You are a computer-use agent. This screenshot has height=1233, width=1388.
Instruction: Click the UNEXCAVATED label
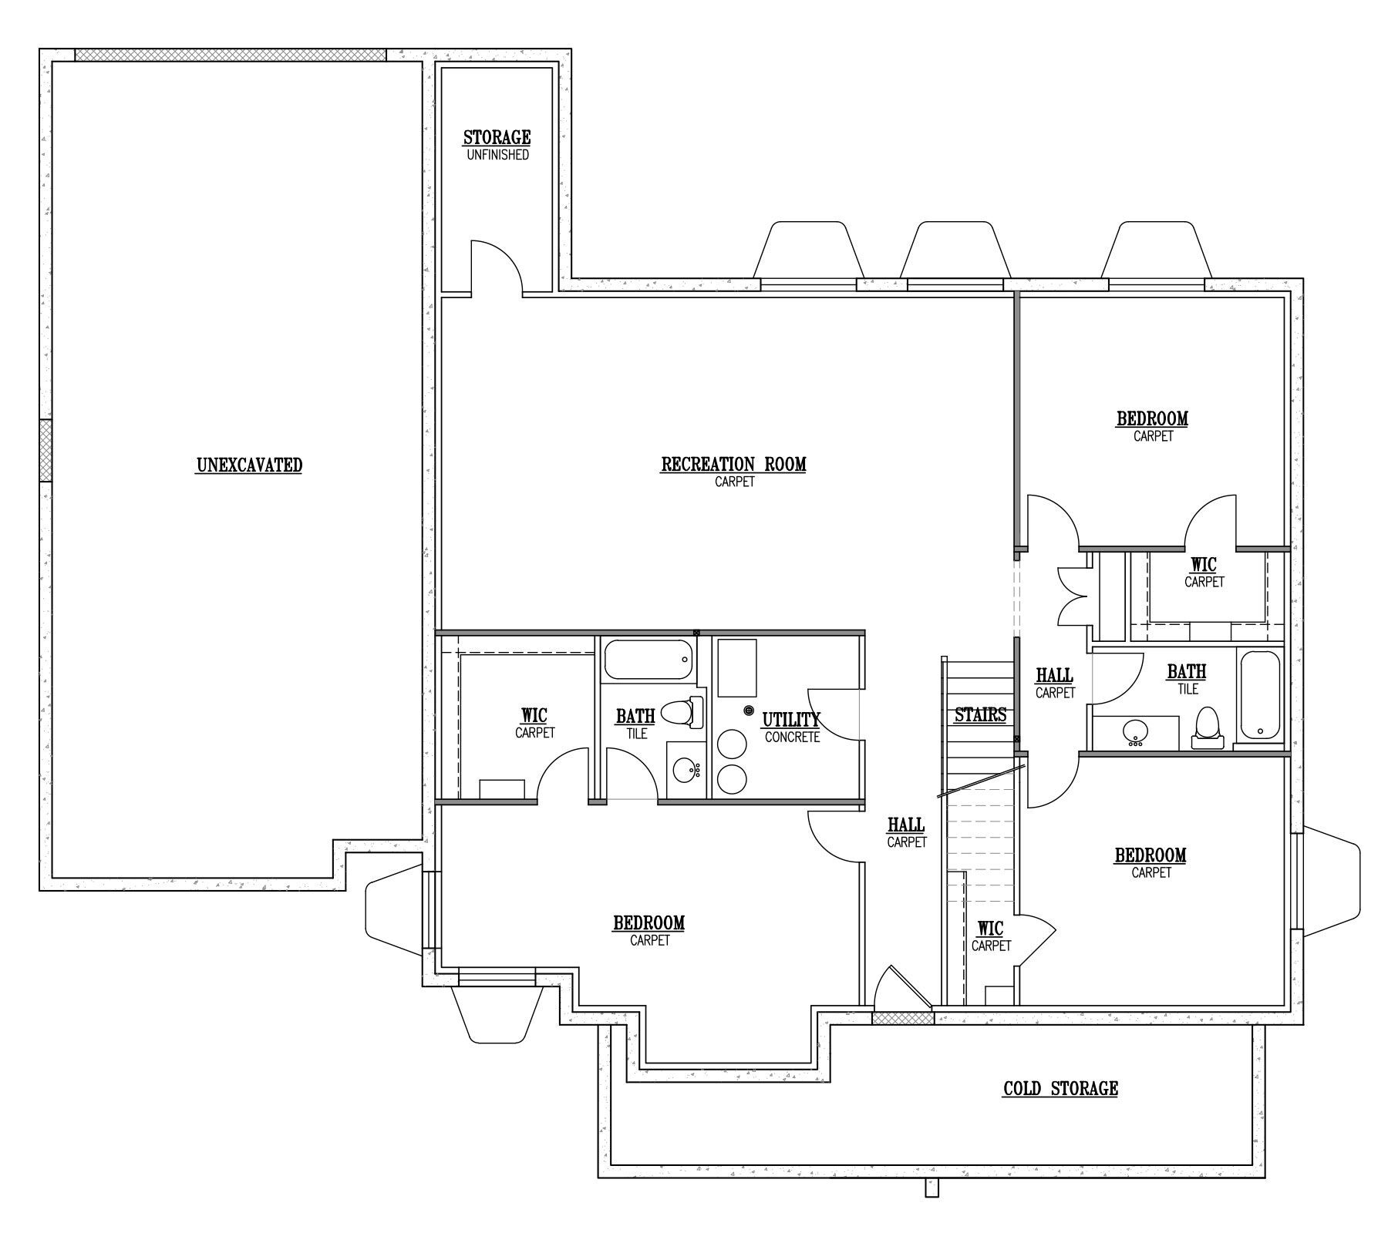pyautogui.click(x=249, y=465)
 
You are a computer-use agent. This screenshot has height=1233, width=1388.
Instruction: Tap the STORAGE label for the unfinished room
pyautogui.click(x=497, y=138)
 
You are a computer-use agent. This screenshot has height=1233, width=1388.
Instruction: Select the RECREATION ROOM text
pyautogui.click(x=733, y=465)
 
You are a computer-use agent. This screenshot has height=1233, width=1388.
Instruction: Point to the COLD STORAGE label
pyautogui.click(x=1060, y=1089)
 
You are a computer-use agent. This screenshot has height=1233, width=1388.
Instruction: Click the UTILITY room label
pyautogui.click(x=791, y=720)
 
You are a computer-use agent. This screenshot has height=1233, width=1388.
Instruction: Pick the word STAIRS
pyautogui.click(x=980, y=715)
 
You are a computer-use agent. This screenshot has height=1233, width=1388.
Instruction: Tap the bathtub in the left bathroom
pyautogui.click(x=648, y=660)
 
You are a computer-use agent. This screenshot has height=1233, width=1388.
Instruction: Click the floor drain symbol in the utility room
pyautogui.click(x=748, y=710)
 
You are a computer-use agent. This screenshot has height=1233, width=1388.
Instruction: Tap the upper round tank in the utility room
pyautogui.click(x=732, y=744)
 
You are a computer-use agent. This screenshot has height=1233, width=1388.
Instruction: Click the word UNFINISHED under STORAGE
pyautogui.click(x=497, y=155)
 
